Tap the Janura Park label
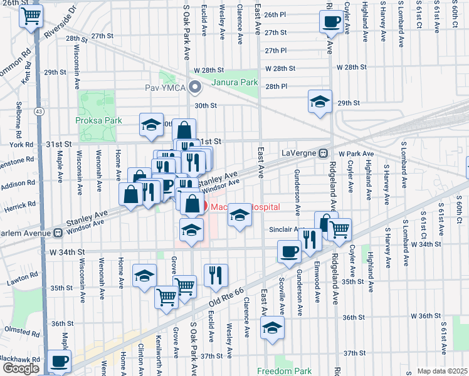pos(236,82)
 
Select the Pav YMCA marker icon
pos(195,87)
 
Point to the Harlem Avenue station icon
pos(58,233)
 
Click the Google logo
pos(21,368)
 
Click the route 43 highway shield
pos(40,111)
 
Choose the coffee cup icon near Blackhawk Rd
pos(60,362)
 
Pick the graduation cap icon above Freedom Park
pos(272,328)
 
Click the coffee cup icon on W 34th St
pos(289,251)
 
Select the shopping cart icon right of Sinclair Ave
pos(339,229)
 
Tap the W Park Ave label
pos(356,154)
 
